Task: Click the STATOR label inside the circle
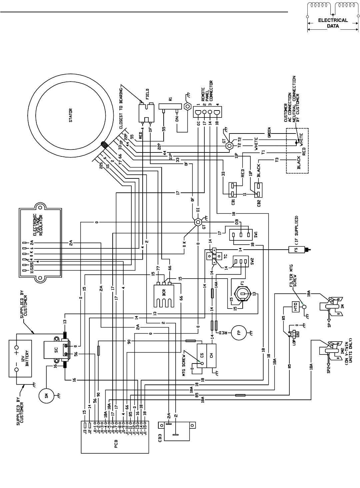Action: click(71, 115)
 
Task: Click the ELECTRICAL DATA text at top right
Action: click(333, 23)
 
